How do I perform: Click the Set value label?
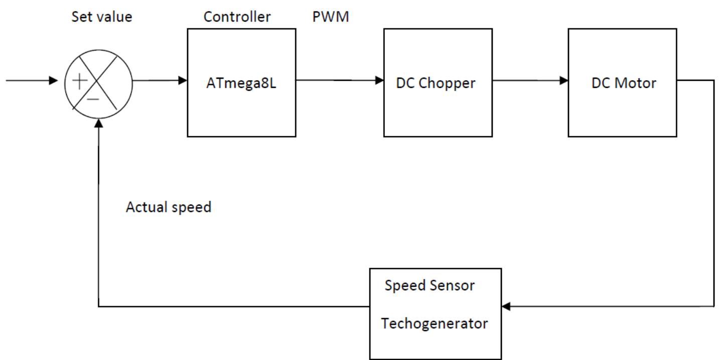102,17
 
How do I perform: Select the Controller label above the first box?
237,17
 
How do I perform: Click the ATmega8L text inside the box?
241,83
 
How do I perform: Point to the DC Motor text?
624,83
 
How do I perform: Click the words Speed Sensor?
429,286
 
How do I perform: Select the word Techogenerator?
434,324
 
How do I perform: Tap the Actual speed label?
168,207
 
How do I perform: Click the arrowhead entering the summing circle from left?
54,80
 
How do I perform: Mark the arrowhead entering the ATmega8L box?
183,80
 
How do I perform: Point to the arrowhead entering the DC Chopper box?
379,80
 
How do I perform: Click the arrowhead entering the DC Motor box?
563,80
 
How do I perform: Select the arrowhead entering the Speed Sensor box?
506,306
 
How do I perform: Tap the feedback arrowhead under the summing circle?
98,123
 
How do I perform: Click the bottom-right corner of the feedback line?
713,306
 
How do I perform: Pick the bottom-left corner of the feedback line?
98,306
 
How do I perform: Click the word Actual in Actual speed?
146,207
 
